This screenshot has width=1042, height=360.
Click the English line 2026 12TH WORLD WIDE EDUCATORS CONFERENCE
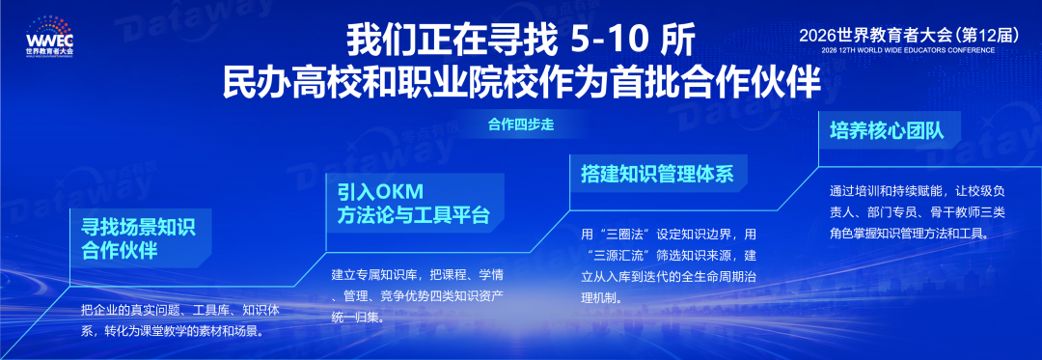click(x=908, y=50)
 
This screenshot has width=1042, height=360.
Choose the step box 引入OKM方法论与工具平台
click(x=413, y=204)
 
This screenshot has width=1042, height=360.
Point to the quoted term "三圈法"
click(x=623, y=235)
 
